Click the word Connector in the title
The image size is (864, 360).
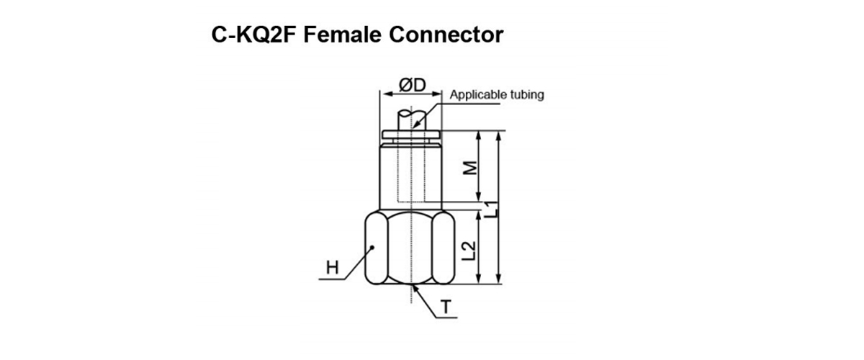click(x=446, y=35)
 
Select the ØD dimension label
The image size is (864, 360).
click(x=411, y=85)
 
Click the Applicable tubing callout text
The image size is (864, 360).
click(x=497, y=94)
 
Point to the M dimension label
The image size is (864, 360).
click(x=469, y=167)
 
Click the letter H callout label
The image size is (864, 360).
click(x=332, y=269)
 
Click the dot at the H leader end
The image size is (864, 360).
click(x=374, y=248)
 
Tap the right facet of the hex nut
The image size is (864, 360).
click(x=445, y=248)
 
